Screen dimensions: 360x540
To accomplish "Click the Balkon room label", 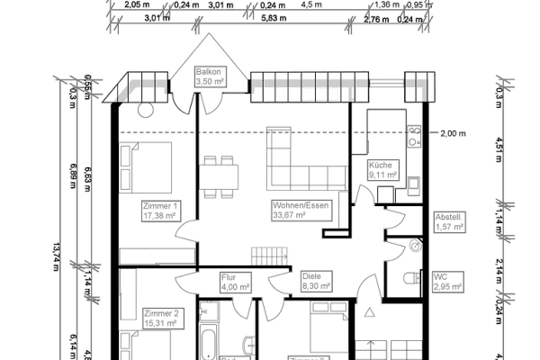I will point(210,76).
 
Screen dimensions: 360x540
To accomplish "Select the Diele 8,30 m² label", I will point(316,282).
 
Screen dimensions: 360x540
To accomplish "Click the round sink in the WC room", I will point(415,244).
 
